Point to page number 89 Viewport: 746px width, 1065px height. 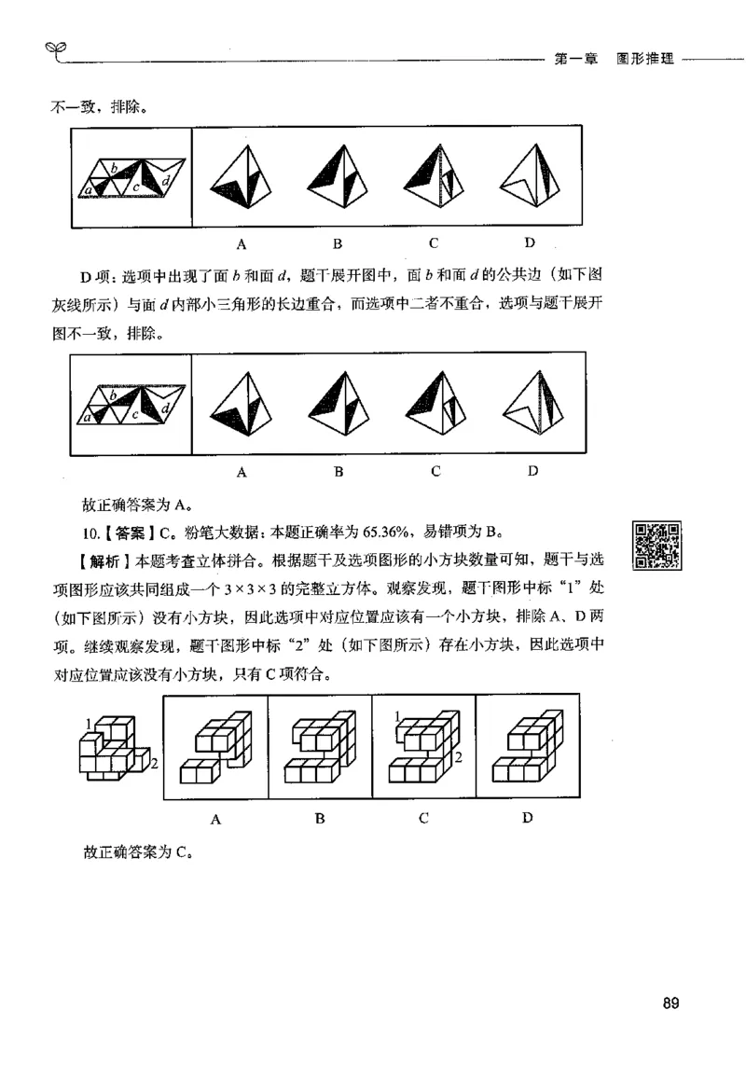(x=670, y=1003)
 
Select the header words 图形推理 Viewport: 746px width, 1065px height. (x=643, y=58)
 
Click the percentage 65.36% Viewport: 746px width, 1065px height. (x=378, y=533)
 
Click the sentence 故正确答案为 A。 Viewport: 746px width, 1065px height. (x=136, y=506)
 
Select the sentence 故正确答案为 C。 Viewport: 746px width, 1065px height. (x=136, y=851)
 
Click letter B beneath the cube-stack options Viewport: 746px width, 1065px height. (x=320, y=819)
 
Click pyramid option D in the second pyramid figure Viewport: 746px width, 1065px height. (x=532, y=403)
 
